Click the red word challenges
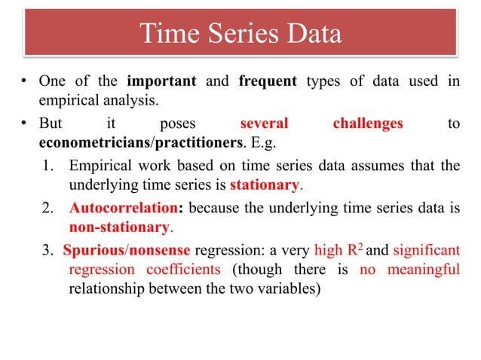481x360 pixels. pos(368,124)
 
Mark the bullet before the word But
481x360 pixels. pos(24,124)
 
